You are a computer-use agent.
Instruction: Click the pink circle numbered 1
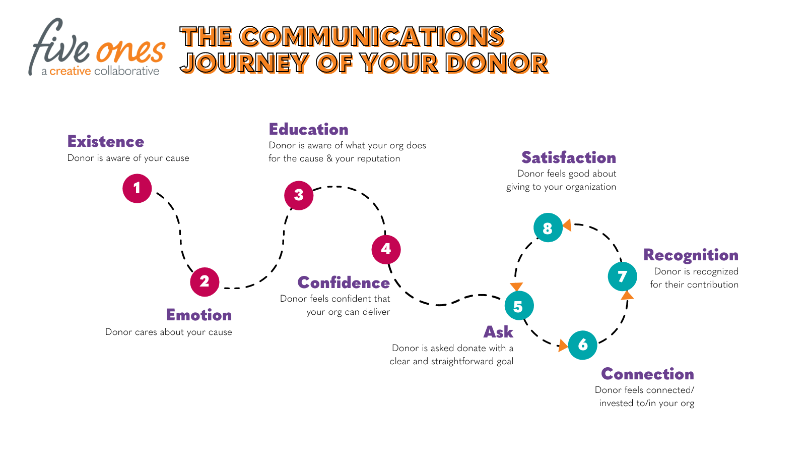(137, 188)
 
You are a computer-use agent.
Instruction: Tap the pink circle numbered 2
(205, 281)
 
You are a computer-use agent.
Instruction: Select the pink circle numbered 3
(299, 195)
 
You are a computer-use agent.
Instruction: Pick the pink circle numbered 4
(386, 249)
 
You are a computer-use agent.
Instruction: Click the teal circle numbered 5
(519, 306)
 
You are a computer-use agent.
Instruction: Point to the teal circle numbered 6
(583, 345)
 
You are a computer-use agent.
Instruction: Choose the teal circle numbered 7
(623, 276)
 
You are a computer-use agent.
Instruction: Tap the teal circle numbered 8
(548, 228)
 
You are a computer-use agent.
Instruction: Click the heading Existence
(106, 142)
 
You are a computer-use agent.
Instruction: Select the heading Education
(308, 130)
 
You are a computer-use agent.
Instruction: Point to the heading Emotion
(199, 315)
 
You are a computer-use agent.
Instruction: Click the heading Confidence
(344, 283)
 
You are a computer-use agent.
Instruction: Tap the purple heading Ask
(498, 332)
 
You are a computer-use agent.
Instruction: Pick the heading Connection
(647, 374)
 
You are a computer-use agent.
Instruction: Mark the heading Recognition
(691, 255)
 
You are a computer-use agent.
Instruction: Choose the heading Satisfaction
(569, 158)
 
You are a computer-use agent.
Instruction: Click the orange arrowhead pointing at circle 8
(567, 225)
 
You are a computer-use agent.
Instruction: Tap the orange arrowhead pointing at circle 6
(563, 346)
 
